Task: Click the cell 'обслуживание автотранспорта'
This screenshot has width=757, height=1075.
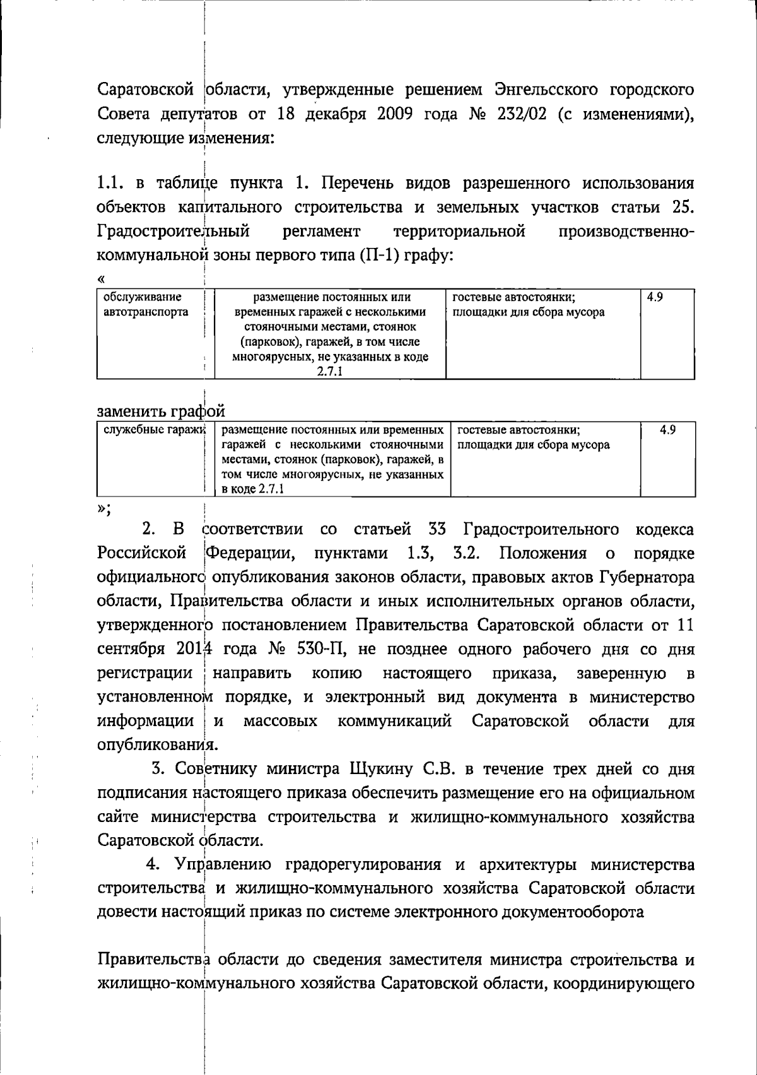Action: coord(146,304)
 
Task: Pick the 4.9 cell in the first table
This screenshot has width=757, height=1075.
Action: coord(655,297)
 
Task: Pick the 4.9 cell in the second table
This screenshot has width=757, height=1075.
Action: coord(667,430)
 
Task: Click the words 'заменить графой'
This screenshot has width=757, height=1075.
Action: coord(161,411)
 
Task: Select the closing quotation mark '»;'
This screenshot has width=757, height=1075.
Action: coord(103,510)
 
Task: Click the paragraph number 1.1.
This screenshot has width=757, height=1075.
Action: coord(112,184)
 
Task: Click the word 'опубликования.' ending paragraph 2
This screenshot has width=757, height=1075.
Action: coord(158,745)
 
